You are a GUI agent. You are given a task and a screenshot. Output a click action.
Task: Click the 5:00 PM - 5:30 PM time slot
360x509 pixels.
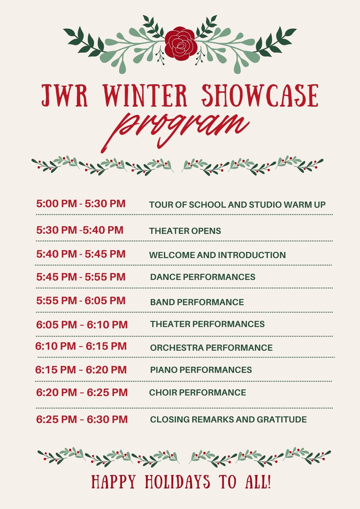81,204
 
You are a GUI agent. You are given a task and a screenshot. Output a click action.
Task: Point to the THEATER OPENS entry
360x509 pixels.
185,231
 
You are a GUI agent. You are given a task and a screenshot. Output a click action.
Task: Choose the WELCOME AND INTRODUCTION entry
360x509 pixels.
217,255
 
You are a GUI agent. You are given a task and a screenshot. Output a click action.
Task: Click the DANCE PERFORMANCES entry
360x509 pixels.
202,277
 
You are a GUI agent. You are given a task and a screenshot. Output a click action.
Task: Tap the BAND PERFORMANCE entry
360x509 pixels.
197,302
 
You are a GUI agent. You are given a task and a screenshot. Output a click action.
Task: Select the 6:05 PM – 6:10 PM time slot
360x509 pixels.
82,325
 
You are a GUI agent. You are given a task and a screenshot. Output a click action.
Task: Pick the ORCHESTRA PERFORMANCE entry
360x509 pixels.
211,348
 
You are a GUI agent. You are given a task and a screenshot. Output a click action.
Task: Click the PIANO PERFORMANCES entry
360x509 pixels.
201,370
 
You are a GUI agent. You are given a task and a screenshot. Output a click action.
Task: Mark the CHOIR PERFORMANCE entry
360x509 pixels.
197,393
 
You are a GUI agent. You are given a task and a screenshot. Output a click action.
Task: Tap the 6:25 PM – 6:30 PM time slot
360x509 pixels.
82,420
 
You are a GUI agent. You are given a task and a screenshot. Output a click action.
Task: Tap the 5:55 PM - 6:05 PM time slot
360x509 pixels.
81,301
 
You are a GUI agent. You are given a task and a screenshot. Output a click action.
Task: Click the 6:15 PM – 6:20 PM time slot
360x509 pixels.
81,370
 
